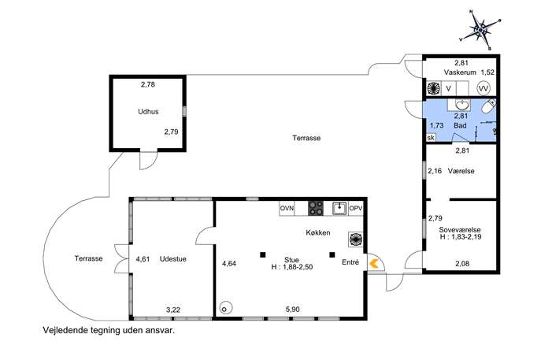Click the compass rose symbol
(x=480, y=31)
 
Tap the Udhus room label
(x=148, y=112)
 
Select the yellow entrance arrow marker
(x=374, y=264)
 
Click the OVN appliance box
(x=287, y=209)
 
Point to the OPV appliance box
(x=356, y=209)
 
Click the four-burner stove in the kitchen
(x=316, y=209)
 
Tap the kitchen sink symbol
(x=340, y=208)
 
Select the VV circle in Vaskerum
(x=484, y=89)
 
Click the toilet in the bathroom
(x=488, y=106)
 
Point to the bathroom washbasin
(x=461, y=104)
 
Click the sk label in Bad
(x=431, y=138)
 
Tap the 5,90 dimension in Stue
(x=293, y=310)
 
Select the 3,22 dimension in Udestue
(x=173, y=310)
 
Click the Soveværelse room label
(x=460, y=230)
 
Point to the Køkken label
(x=318, y=232)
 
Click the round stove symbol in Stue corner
(x=225, y=308)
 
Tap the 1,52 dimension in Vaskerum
(x=487, y=72)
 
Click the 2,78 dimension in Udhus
(x=148, y=84)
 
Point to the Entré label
(x=350, y=262)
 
